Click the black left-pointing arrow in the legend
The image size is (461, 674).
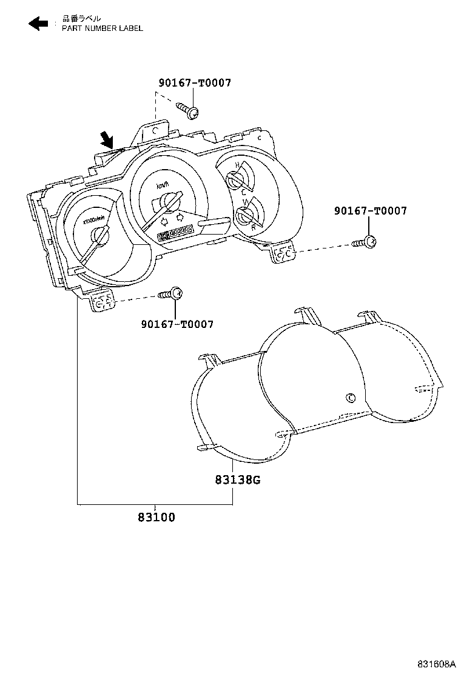(38, 24)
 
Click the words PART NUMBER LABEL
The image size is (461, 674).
(103, 28)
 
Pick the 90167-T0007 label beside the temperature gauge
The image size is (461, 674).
(370, 211)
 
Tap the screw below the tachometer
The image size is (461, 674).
(172, 294)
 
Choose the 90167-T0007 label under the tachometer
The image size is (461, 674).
(177, 324)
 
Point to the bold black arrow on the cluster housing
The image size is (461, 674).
(107, 140)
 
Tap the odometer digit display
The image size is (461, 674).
(175, 232)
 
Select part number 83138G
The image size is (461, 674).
(237, 480)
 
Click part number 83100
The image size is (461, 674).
(156, 517)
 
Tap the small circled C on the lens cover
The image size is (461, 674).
(350, 398)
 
